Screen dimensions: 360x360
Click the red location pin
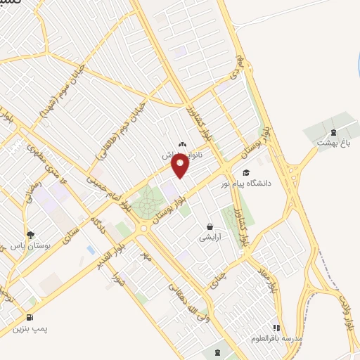(x=180, y=165)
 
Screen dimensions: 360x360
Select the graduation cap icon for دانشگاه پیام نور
(x=245, y=172)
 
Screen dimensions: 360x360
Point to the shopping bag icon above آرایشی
(x=210, y=226)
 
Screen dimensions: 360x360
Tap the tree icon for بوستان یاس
(x=30, y=236)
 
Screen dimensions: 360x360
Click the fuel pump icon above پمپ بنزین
(x=30, y=316)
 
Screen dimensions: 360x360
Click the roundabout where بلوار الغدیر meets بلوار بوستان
(x=143, y=226)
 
